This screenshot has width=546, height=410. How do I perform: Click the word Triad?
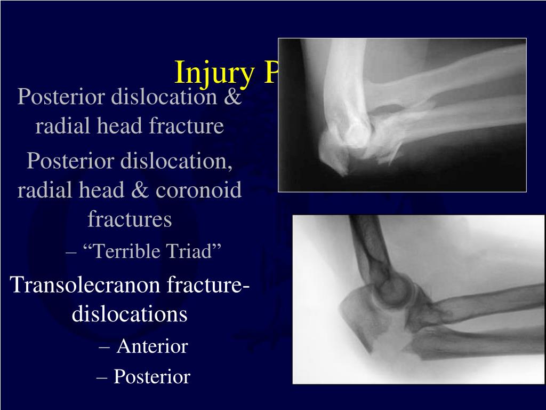pyautogui.click(x=195, y=251)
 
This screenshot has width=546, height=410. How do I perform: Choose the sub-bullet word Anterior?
pyautogui.click(x=152, y=346)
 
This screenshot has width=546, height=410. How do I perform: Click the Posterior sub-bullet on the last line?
pyautogui.click(x=152, y=377)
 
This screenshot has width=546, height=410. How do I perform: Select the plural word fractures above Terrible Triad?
pyautogui.click(x=130, y=219)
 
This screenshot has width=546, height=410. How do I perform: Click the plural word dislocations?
pyautogui.click(x=130, y=314)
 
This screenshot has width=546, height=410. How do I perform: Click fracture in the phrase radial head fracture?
pyautogui.click(x=187, y=127)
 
